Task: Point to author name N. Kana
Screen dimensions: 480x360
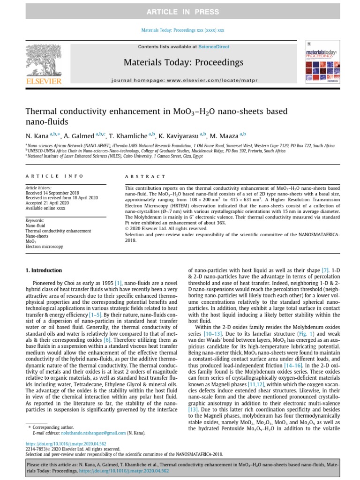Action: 37,135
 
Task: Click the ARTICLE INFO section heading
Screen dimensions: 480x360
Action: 54,176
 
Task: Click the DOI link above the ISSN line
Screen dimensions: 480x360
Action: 66,444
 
